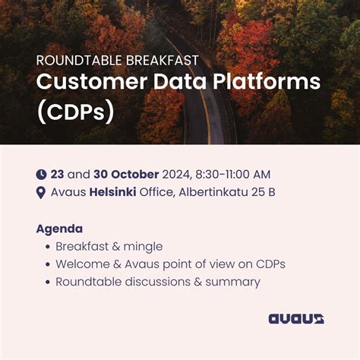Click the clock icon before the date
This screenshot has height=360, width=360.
pyautogui.click(x=41, y=175)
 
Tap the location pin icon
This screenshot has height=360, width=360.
pyautogui.click(x=41, y=192)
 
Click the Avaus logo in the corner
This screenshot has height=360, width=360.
pyautogui.click(x=296, y=319)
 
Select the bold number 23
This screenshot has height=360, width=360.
pyautogui.click(x=57, y=175)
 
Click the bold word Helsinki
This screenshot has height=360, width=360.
pyautogui.click(x=113, y=192)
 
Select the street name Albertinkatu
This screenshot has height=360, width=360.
pyautogui.click(x=215, y=192)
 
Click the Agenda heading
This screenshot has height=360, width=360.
pyautogui.click(x=59, y=229)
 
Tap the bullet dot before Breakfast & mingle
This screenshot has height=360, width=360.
pyautogui.click(x=47, y=247)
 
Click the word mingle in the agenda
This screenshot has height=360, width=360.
pyautogui.click(x=145, y=247)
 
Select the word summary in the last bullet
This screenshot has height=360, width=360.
pyautogui.click(x=233, y=282)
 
